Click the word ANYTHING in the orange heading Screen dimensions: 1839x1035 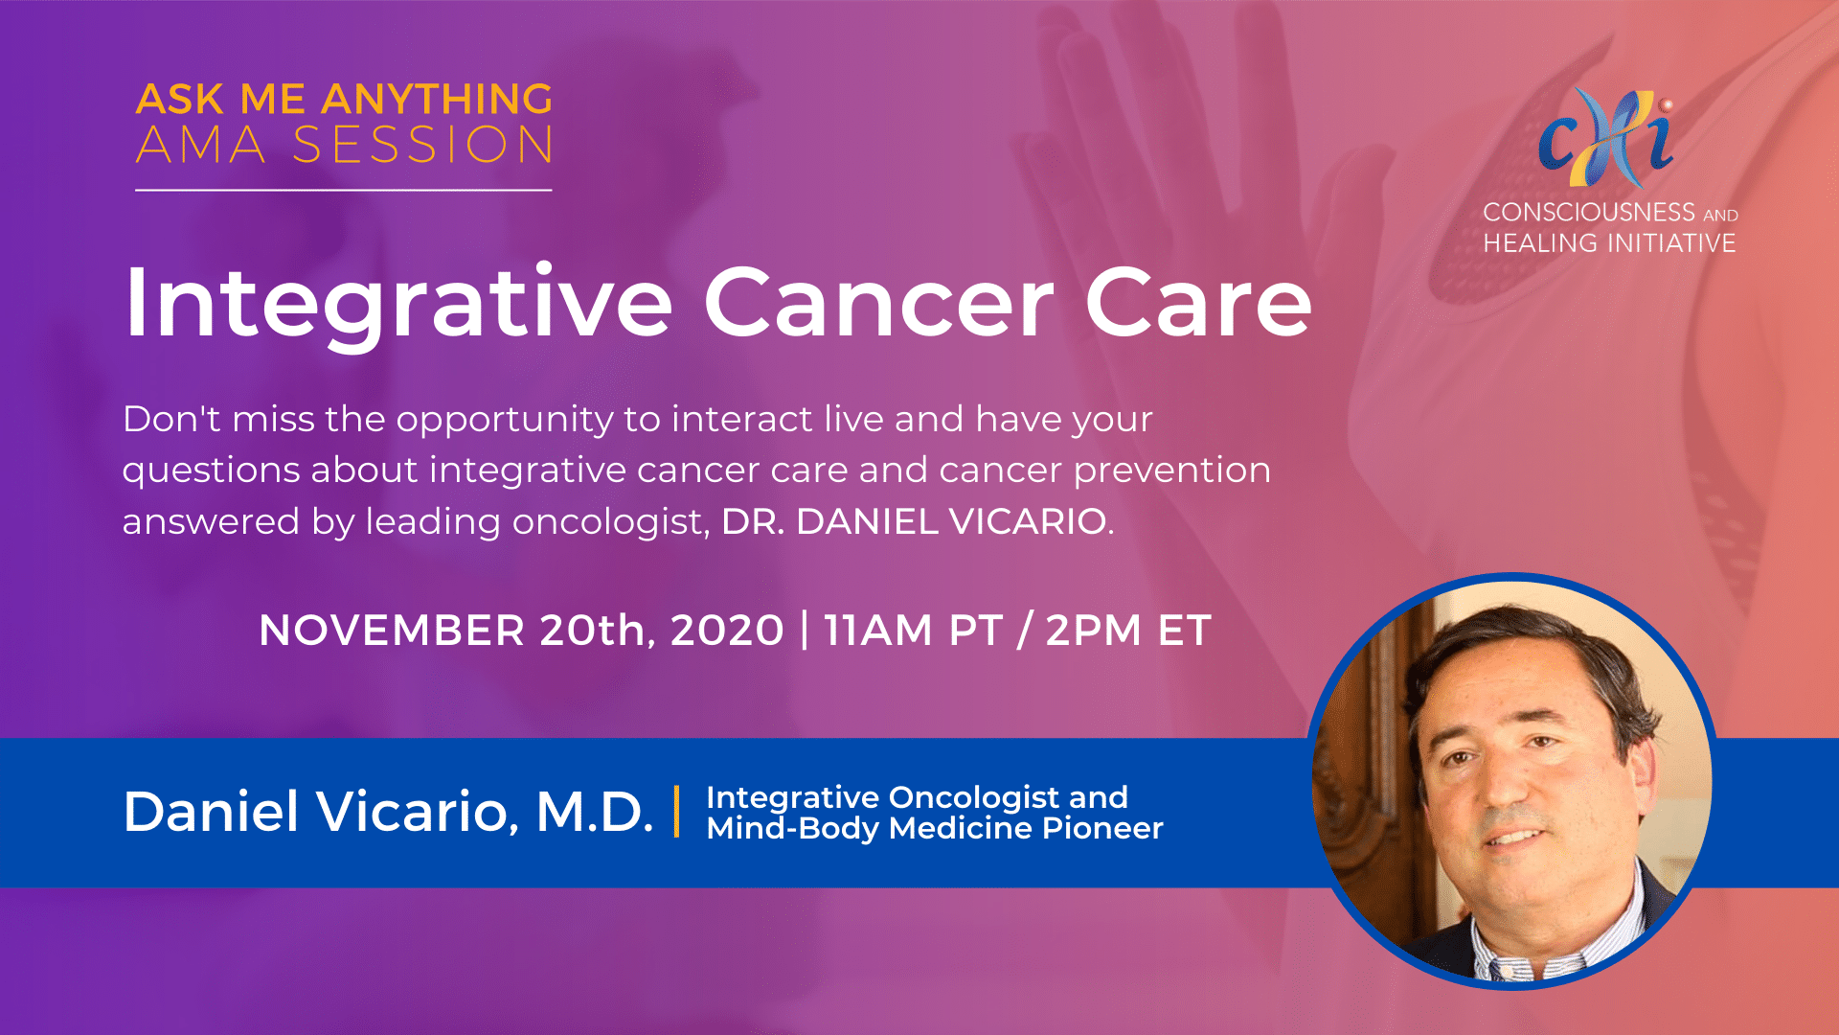(x=437, y=99)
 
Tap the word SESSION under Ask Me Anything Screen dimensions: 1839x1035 (x=422, y=146)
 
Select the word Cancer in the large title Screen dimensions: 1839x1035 (x=879, y=303)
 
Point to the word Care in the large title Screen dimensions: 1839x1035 (x=1198, y=303)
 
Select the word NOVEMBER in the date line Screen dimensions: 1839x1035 (x=392, y=631)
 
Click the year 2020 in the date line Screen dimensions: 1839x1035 (x=727, y=631)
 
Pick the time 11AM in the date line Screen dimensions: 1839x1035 (x=877, y=631)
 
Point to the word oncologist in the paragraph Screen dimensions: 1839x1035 (x=610, y=522)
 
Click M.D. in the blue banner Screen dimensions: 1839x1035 (x=594, y=811)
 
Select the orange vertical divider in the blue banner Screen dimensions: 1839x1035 (x=677, y=812)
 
